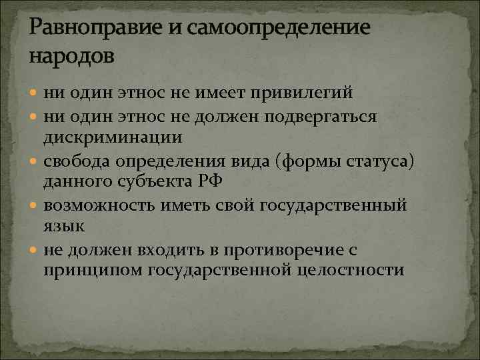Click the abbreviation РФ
[x=230, y=181]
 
